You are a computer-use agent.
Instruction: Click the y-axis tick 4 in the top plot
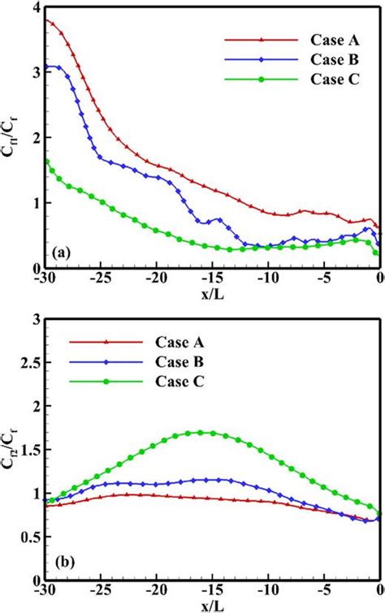tap(35, 7)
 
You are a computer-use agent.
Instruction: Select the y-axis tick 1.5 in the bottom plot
tap(30, 449)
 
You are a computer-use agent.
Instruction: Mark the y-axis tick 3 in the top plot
tap(35, 72)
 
